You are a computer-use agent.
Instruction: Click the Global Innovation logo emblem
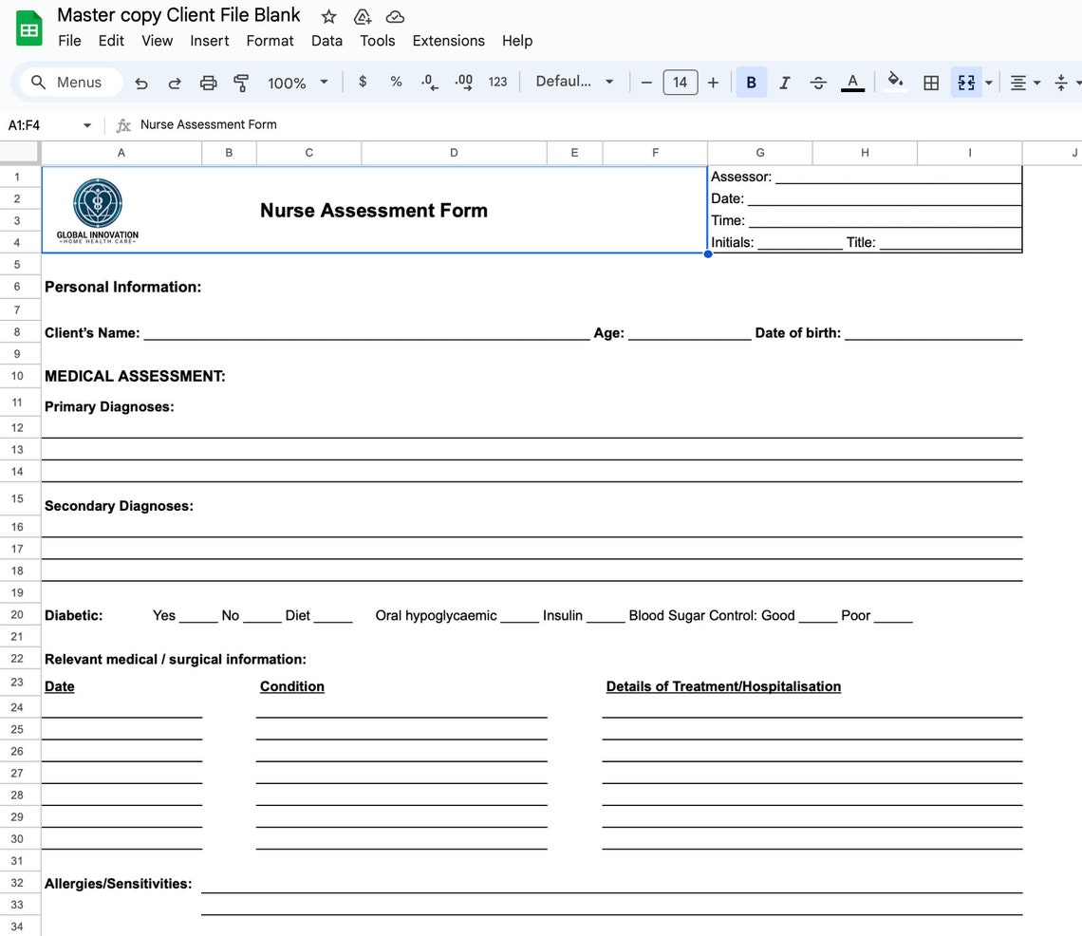click(x=98, y=202)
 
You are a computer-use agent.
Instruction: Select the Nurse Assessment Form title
click(x=373, y=211)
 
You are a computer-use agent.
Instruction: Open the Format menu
click(x=270, y=41)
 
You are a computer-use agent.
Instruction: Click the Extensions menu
click(x=448, y=41)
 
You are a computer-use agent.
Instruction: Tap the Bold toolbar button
click(x=751, y=83)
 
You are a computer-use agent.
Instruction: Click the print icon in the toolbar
click(x=208, y=83)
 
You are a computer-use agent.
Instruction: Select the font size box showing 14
click(x=680, y=83)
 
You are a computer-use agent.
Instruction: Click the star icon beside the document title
click(x=328, y=16)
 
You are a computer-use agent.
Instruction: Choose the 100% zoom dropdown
click(x=297, y=83)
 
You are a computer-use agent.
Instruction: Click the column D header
click(x=454, y=153)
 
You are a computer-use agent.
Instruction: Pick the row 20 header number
click(x=18, y=615)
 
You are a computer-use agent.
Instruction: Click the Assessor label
click(x=741, y=177)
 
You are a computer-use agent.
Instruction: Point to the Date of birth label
click(x=797, y=333)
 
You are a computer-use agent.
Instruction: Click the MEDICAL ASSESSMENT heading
click(x=135, y=376)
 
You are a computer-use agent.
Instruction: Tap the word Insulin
click(x=563, y=615)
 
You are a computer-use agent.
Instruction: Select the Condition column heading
click(x=292, y=686)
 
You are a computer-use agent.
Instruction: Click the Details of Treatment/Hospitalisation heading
click(x=723, y=686)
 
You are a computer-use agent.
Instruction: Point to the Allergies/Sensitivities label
click(x=118, y=884)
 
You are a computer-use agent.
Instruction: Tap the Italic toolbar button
click(x=784, y=83)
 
